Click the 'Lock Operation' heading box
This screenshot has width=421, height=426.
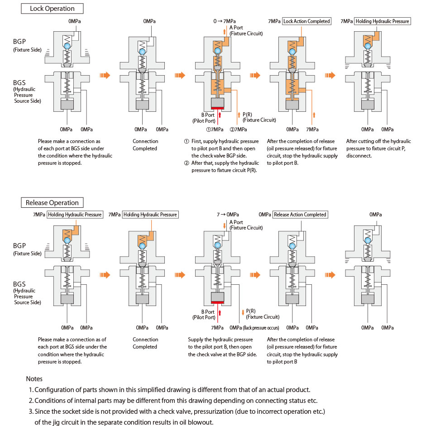(52, 9)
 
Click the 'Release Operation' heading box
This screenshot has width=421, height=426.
(52, 203)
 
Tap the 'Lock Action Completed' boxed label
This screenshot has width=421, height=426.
(306, 21)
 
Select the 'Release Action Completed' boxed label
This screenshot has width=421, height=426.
(300, 215)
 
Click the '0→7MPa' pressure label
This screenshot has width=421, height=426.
(225, 21)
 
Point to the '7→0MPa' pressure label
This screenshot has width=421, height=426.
(228, 215)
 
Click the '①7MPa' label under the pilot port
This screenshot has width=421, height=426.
(215, 129)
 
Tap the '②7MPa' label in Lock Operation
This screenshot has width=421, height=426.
(238, 129)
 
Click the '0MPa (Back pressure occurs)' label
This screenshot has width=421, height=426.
(254, 328)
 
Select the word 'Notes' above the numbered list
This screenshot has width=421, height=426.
(34, 379)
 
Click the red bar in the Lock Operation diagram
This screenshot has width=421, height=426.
(218, 108)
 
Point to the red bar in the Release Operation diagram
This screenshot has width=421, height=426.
(218, 302)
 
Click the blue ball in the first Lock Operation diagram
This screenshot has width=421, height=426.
(67, 46)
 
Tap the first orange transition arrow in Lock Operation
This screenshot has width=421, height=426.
(105, 75)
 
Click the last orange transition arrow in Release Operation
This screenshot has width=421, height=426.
(330, 275)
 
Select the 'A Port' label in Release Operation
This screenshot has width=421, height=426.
(236, 222)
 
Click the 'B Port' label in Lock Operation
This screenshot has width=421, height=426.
(208, 115)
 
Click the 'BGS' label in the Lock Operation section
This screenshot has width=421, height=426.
(19, 82)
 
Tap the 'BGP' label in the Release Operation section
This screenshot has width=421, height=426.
(19, 246)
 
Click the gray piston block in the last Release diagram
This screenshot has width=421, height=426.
(368, 299)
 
